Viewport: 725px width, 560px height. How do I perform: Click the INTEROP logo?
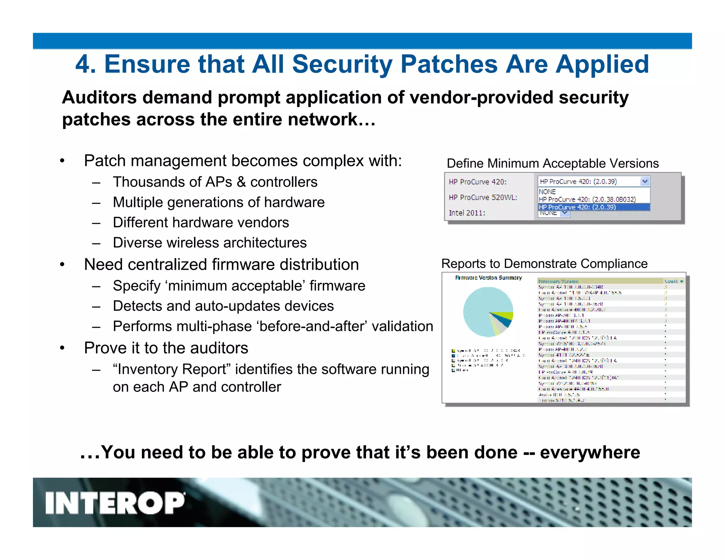(115, 503)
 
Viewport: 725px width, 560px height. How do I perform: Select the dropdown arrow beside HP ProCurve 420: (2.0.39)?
(645, 182)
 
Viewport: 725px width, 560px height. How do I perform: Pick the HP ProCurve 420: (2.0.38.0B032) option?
(587, 200)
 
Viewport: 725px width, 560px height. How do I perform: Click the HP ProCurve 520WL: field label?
(483, 198)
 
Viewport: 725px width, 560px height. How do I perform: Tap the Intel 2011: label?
(467, 213)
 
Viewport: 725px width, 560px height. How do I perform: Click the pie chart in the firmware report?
(488, 312)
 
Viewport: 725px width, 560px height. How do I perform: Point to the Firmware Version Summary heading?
(488, 278)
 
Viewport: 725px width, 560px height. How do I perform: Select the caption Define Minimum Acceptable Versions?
(553, 164)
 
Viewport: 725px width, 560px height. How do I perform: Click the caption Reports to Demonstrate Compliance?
(544, 264)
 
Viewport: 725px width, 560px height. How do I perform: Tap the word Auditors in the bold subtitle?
(99, 97)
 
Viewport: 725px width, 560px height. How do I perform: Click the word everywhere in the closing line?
(590, 452)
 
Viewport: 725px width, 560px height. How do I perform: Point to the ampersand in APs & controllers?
(241, 182)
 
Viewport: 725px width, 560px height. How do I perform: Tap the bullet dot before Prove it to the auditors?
(62, 348)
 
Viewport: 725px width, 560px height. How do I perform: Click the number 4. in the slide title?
(86, 64)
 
